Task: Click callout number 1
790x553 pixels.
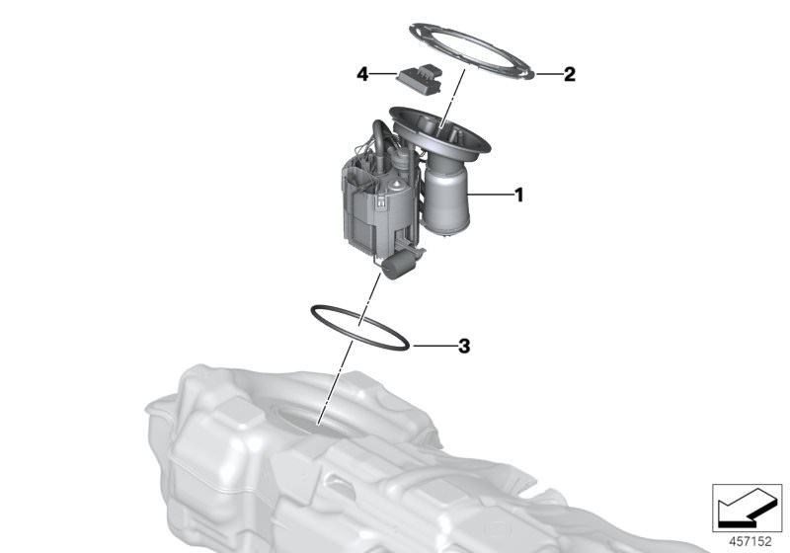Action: (x=519, y=195)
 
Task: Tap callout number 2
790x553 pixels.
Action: (x=570, y=74)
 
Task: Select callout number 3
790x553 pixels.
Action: (x=464, y=346)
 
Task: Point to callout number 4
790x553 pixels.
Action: (x=362, y=74)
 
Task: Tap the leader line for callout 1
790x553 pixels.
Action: (x=489, y=195)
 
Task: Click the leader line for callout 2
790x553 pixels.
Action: (x=548, y=74)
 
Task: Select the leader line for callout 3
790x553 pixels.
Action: (x=434, y=346)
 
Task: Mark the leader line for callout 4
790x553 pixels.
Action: (x=383, y=74)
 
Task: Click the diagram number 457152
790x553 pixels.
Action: (x=750, y=541)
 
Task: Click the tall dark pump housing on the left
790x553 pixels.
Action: (x=364, y=211)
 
